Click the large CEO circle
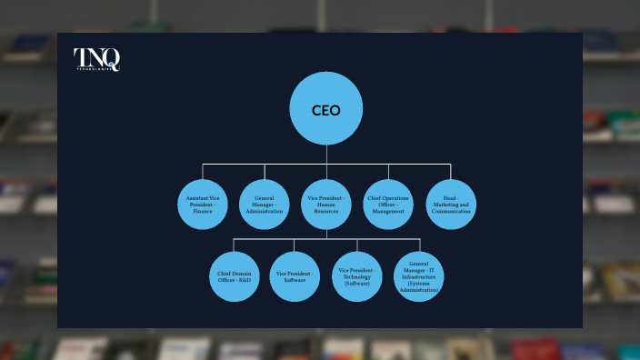[326, 109]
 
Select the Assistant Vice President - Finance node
[202, 205]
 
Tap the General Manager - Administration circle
[265, 205]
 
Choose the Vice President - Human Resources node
[326, 205]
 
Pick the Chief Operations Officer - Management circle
[389, 205]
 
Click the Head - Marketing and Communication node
[451, 205]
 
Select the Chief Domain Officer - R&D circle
[235, 276]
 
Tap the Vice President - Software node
[295, 276]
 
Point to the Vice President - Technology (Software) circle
[357, 276]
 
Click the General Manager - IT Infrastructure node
[419, 276]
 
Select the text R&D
[245, 280]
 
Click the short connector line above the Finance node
[202, 171]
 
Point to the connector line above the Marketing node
[451, 171]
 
